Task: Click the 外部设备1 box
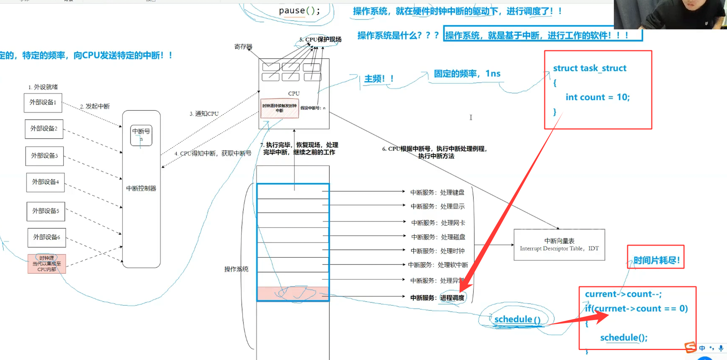click(x=43, y=103)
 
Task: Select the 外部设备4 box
click(x=45, y=182)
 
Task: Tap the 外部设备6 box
click(x=46, y=238)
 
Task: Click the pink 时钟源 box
click(x=47, y=264)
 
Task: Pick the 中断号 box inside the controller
click(x=141, y=135)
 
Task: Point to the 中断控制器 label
click(x=141, y=188)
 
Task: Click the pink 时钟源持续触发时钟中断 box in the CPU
click(x=279, y=108)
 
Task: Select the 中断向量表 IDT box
click(x=559, y=244)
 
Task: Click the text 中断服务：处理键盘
click(x=437, y=192)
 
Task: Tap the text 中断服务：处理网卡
click(x=438, y=223)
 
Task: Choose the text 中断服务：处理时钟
click(x=438, y=251)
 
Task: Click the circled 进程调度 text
click(x=452, y=298)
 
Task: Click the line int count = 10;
click(x=598, y=97)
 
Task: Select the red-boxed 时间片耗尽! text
click(x=656, y=261)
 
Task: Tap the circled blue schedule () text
click(x=517, y=319)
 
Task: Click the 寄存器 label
click(x=243, y=47)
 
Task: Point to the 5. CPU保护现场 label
click(x=321, y=40)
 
